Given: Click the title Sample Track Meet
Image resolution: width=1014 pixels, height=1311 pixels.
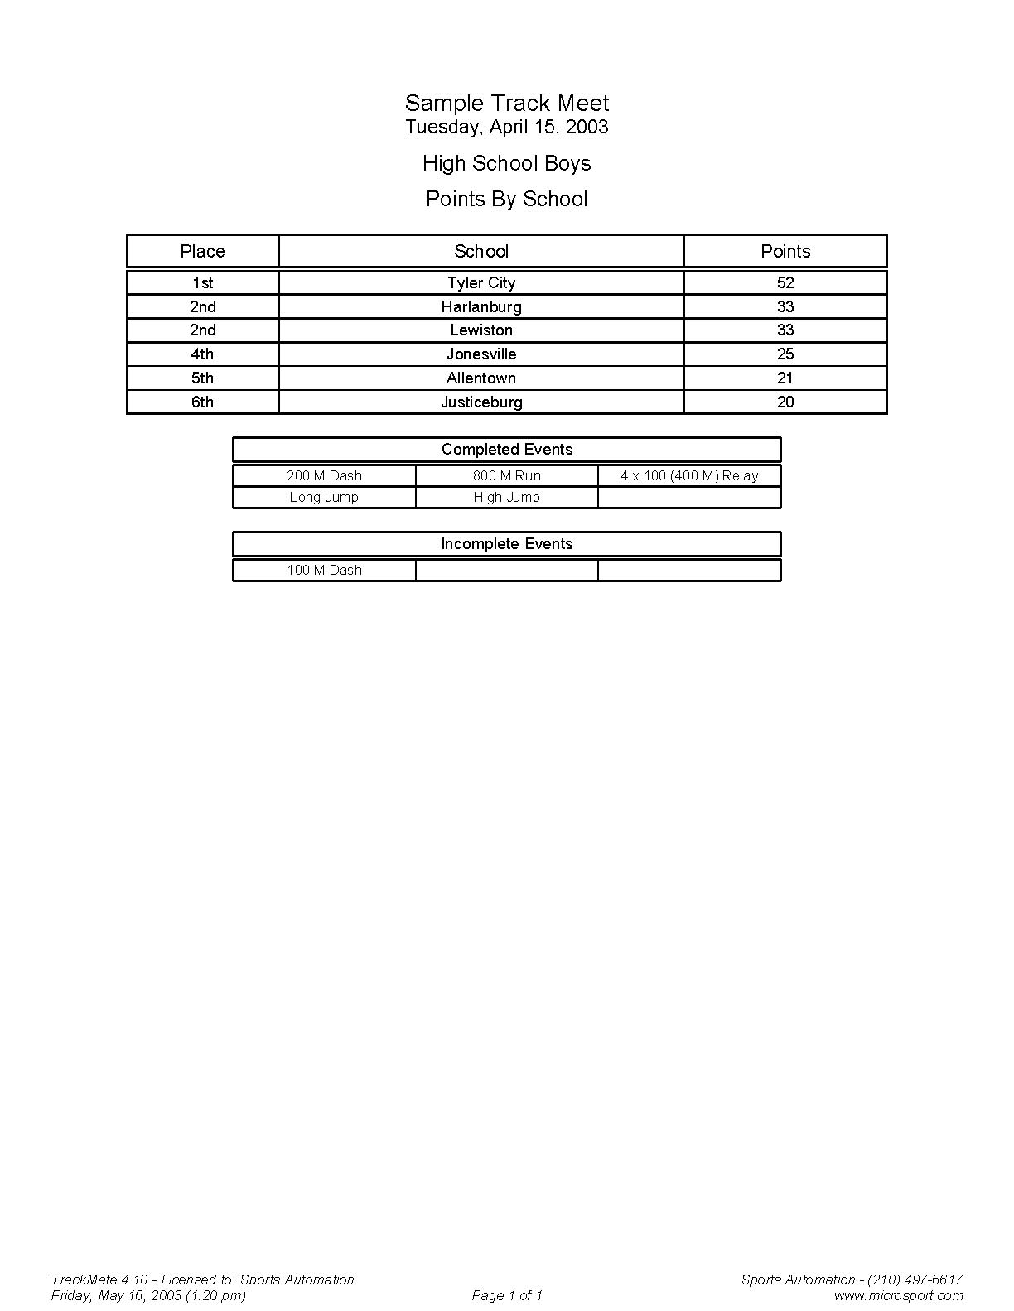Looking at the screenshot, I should click(506, 104).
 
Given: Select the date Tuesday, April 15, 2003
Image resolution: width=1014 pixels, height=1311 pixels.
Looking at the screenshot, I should click(506, 127).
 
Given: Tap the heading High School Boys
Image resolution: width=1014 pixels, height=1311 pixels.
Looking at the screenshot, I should click(506, 163).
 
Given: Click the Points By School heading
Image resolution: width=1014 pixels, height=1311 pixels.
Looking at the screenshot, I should click(506, 199).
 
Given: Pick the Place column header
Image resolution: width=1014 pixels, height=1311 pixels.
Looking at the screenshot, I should click(202, 251).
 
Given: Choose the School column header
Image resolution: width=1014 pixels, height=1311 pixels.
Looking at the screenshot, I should click(481, 251).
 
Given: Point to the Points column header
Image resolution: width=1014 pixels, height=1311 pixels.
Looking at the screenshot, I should click(785, 251).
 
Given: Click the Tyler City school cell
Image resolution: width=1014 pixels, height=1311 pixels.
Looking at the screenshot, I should click(481, 282).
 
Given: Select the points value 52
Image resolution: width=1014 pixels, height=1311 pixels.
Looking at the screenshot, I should click(785, 282).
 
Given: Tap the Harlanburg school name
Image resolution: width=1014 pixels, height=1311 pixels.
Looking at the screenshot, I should click(481, 306).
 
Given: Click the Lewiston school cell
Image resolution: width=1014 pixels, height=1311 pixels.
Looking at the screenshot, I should click(481, 330).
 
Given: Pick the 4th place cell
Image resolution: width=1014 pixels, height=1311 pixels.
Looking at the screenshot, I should click(202, 354).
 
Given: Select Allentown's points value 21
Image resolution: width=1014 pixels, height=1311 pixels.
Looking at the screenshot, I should click(785, 378).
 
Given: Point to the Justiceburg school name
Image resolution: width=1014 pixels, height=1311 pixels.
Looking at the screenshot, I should click(481, 402).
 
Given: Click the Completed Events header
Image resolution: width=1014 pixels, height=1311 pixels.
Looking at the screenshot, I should click(506, 449).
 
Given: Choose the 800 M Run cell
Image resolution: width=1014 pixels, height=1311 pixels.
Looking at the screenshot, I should click(506, 475).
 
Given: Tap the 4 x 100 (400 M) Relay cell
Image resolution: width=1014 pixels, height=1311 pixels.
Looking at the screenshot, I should click(689, 475).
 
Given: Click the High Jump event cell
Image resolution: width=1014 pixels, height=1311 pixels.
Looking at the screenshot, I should click(506, 497).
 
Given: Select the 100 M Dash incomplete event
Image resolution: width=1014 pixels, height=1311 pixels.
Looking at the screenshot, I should click(324, 570).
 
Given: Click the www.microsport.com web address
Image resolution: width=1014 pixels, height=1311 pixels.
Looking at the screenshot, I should click(898, 1295).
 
